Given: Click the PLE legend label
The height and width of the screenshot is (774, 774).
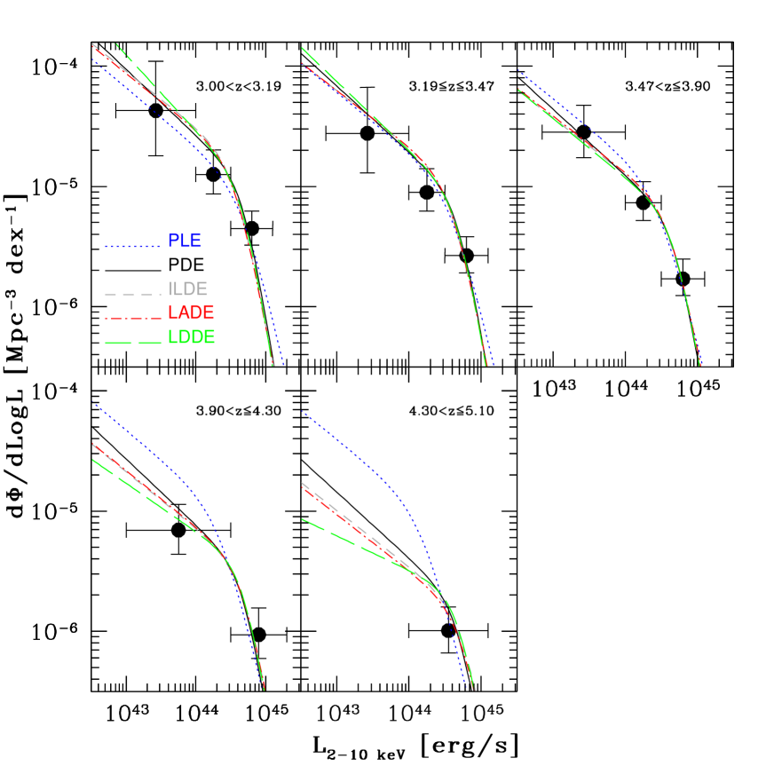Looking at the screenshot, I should (184, 241).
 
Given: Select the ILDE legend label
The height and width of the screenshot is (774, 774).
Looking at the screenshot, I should (187, 289).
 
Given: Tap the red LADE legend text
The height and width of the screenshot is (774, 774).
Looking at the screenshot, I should (191, 313).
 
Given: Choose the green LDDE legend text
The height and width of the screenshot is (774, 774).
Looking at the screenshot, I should (191, 338).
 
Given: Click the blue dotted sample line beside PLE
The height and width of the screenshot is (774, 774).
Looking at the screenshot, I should (132, 246).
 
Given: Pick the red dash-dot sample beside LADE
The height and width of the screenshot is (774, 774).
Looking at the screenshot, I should (132, 318).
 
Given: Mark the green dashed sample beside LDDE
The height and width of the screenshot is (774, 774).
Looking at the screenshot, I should (132, 343).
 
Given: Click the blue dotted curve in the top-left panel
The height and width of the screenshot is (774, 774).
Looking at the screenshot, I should (151, 106).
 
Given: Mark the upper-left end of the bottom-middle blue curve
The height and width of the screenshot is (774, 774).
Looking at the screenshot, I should (303, 412).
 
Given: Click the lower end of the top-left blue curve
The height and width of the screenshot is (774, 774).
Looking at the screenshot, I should (282, 363).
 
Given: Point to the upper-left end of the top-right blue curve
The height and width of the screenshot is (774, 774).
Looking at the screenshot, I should (518, 71).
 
